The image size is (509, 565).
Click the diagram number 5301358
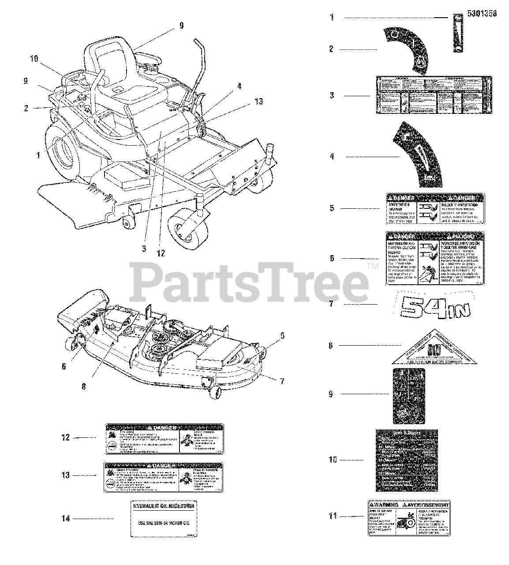point(481,14)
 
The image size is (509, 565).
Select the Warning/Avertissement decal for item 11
point(409,518)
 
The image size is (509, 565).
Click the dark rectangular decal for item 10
point(406,460)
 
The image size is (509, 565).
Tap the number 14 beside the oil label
point(66,519)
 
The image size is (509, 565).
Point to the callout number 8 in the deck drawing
point(84,386)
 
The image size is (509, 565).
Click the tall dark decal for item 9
point(409,395)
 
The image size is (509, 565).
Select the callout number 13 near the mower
point(259,102)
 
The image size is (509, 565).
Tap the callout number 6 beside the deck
point(64,366)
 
